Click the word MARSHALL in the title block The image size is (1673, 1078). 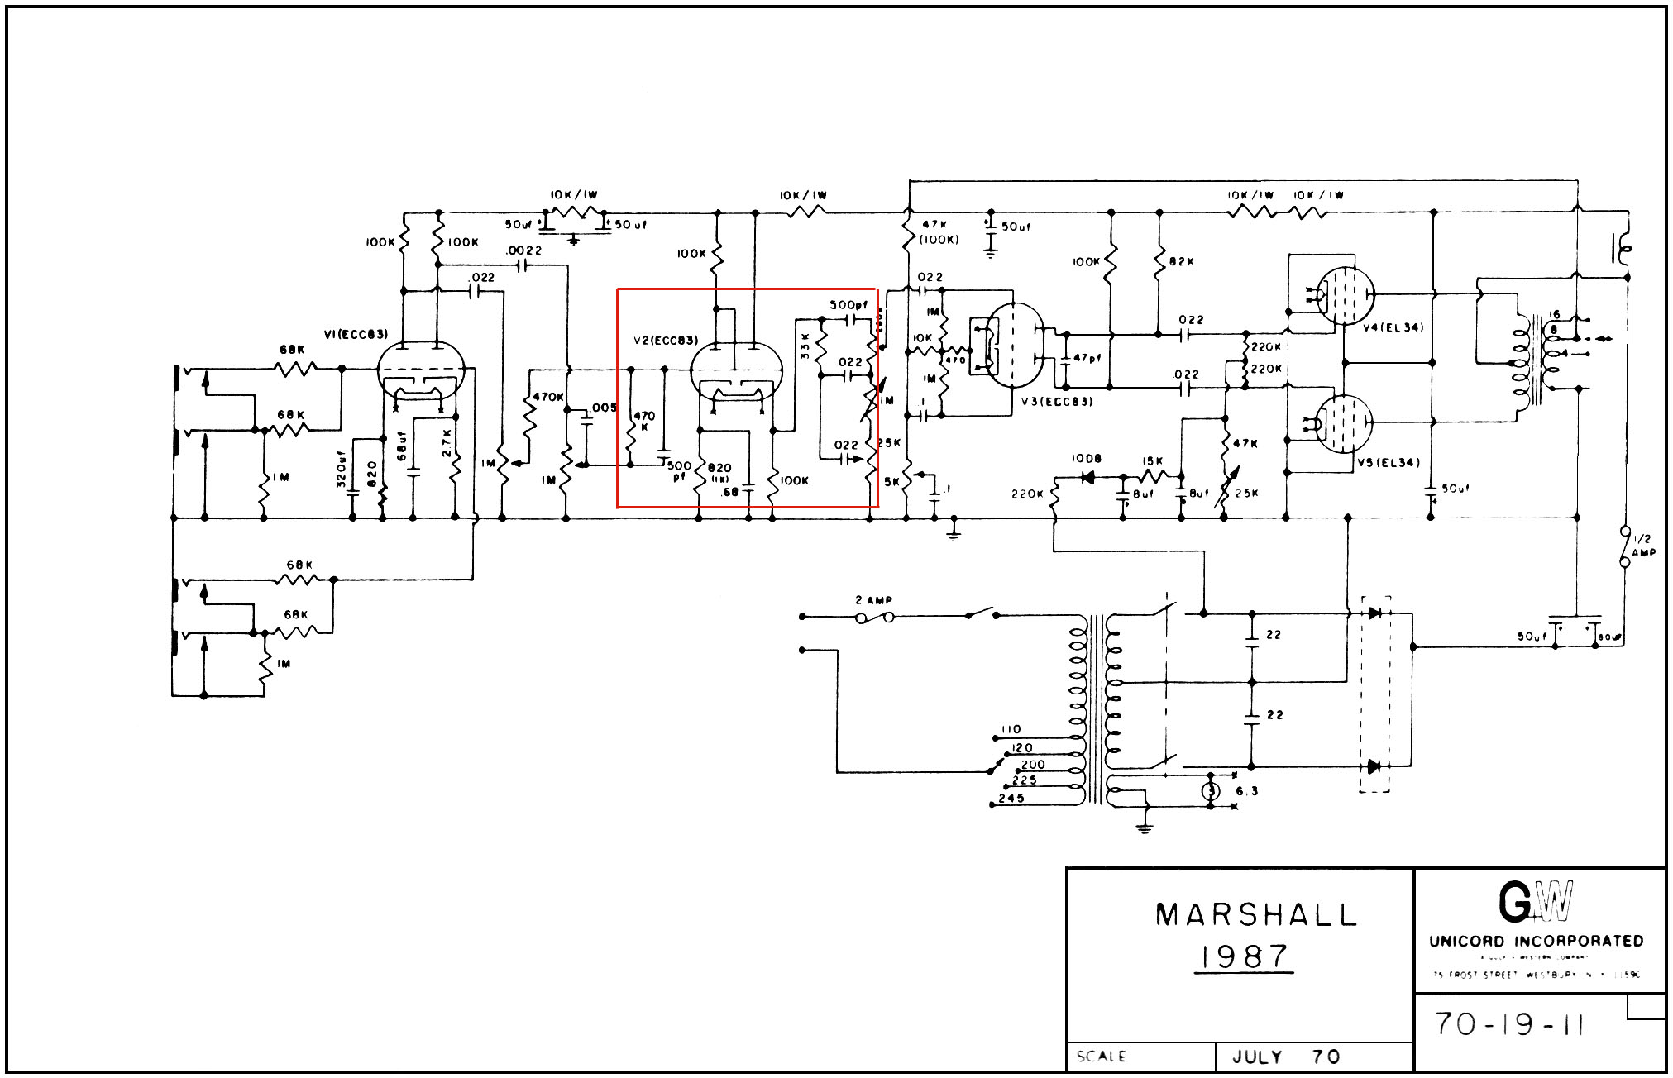(x=1255, y=915)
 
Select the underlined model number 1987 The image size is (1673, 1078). (x=1245, y=957)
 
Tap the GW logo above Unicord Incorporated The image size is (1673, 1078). (x=1536, y=903)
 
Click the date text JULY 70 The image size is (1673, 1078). (x=1285, y=1057)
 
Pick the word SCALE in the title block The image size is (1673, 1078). (x=1101, y=1057)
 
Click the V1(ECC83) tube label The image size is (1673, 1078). (x=356, y=334)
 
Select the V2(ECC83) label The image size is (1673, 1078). (x=666, y=341)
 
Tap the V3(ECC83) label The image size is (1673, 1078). (x=1057, y=402)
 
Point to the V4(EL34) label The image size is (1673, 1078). (x=1393, y=327)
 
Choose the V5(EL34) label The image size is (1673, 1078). (x=1388, y=463)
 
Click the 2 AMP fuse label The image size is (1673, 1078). (x=874, y=600)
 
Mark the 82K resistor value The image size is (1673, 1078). (x=1182, y=261)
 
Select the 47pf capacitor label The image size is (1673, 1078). (x=1087, y=359)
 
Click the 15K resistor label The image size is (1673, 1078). (x=1152, y=461)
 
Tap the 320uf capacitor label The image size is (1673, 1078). (x=341, y=469)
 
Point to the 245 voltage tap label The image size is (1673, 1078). (x=1011, y=799)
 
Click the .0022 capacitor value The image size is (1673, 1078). (x=524, y=250)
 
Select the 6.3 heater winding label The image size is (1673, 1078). (x=1246, y=791)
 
